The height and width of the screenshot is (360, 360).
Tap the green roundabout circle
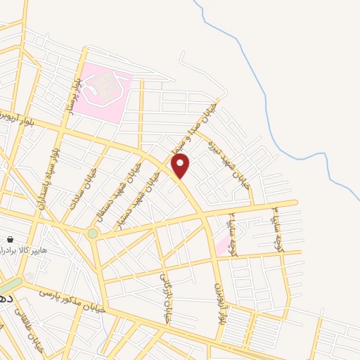[x=93, y=233]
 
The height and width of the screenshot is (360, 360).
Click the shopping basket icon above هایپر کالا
[x=9, y=239]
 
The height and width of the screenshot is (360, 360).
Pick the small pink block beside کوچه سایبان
[x=223, y=245]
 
